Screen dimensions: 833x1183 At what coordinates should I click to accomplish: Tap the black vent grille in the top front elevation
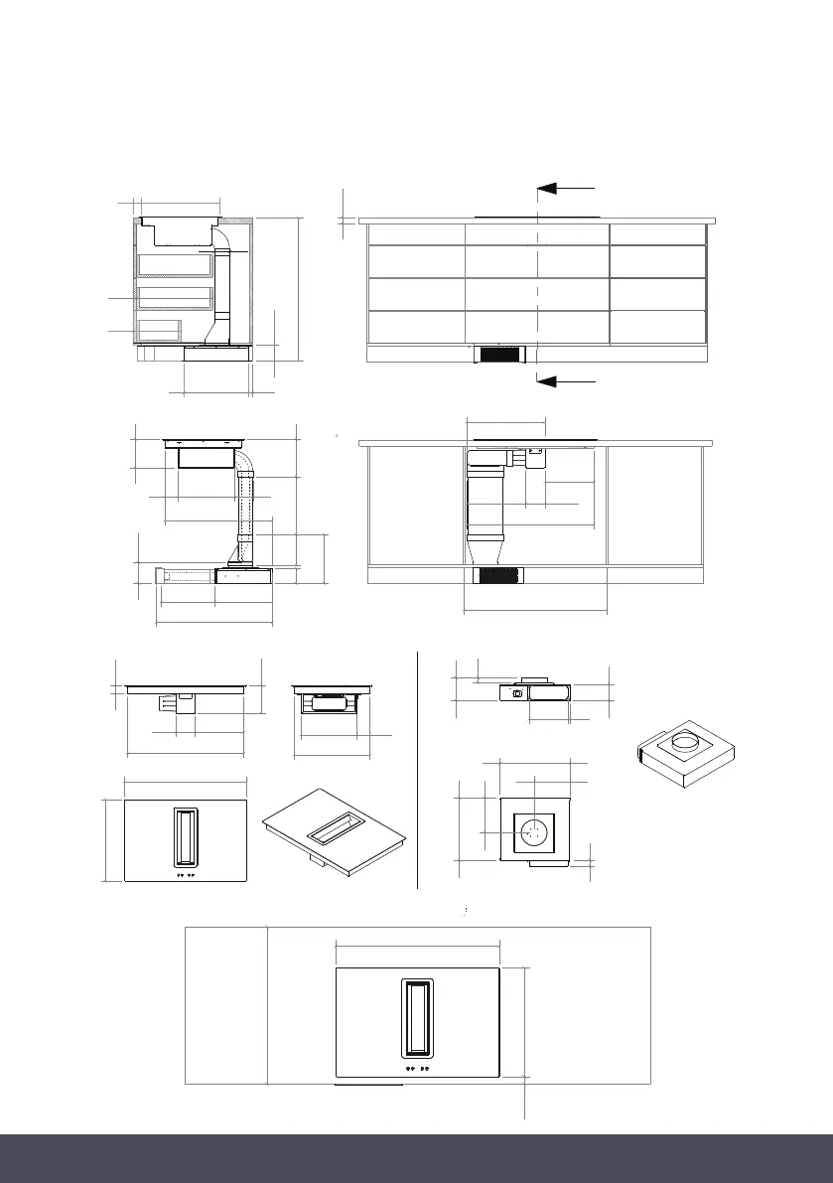coord(500,355)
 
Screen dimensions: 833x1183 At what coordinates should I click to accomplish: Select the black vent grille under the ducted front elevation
coord(499,576)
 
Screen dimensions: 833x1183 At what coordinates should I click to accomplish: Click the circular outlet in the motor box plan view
coord(534,831)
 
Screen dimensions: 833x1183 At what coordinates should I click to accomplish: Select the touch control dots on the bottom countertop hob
coord(417,1070)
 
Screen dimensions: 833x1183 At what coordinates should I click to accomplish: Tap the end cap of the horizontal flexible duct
coord(159,575)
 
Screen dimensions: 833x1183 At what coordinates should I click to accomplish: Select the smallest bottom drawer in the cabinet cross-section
coord(159,331)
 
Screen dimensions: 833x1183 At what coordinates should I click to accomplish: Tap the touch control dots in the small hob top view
coord(185,877)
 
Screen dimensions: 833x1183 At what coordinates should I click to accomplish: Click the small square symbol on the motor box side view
coord(517,692)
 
